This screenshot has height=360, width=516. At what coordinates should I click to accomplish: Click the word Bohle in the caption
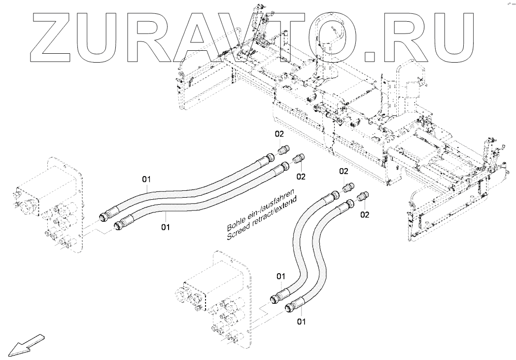click(236, 222)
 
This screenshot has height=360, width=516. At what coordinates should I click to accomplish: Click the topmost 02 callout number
click(279, 134)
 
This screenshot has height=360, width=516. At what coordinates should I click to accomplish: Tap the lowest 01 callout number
click(301, 321)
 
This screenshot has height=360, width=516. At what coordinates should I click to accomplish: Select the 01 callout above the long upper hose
click(146, 180)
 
